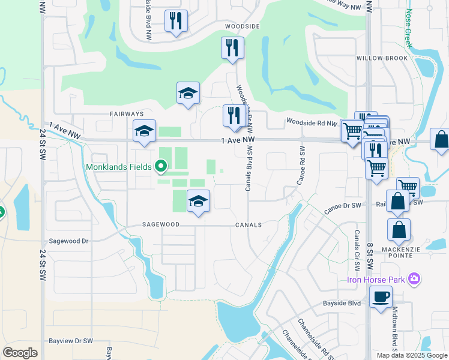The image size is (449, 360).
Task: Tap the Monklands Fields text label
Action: [119, 167]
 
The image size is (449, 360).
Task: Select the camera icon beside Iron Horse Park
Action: [414, 279]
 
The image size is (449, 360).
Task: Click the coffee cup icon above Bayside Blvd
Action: [381, 296]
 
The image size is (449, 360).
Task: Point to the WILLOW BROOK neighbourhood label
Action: [382, 58]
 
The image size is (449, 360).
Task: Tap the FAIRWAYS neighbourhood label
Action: [127, 113]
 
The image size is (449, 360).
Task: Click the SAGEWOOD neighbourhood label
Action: [161, 225]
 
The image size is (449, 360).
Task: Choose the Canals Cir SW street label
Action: [357, 250]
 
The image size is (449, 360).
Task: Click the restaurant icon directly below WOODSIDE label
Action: [232, 47]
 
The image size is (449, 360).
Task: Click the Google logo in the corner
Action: [20, 353]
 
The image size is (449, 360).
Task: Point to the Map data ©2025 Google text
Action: [411, 355]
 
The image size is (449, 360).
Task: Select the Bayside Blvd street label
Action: [341, 304]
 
